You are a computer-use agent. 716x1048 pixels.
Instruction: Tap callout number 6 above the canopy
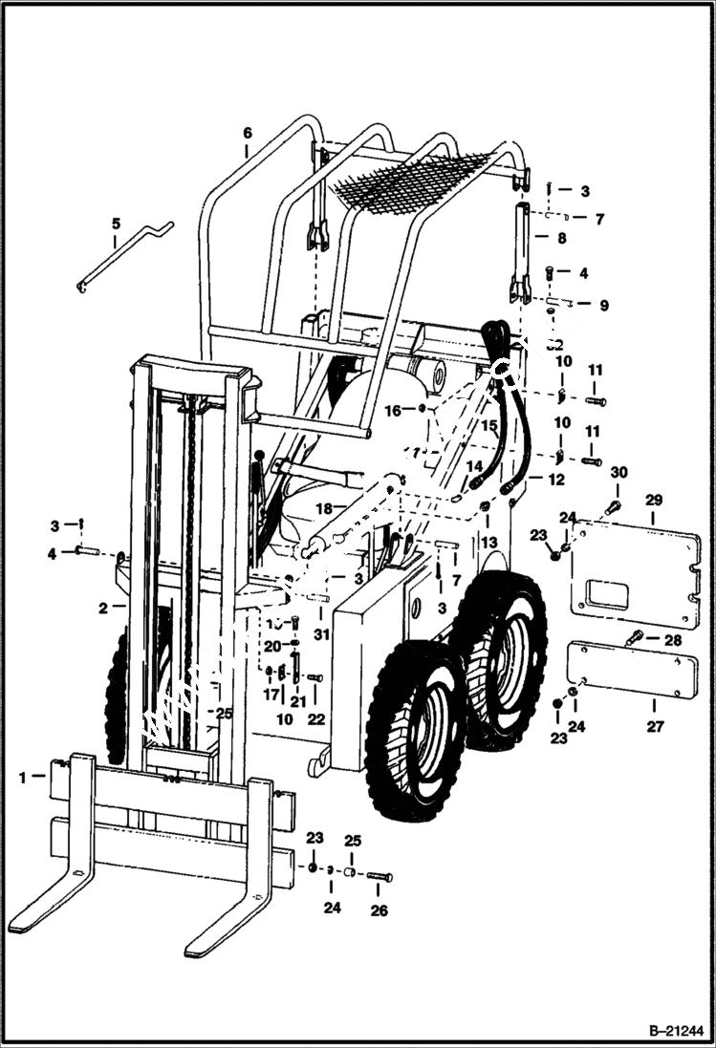[247, 132]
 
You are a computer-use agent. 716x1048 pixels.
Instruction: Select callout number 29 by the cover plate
[654, 500]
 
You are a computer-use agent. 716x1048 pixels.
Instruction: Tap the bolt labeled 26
[379, 876]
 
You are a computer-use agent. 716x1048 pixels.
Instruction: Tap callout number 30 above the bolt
[618, 472]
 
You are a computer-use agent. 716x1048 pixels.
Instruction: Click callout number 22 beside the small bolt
[316, 718]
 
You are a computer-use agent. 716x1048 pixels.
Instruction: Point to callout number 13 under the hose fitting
[489, 543]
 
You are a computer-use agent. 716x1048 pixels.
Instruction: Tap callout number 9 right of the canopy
[603, 306]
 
